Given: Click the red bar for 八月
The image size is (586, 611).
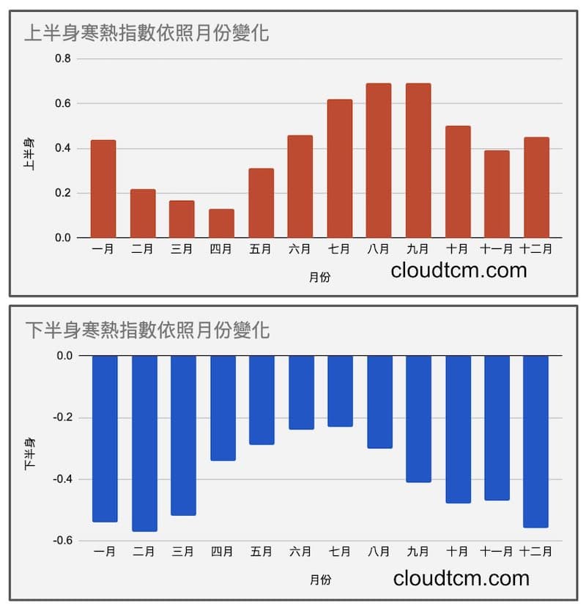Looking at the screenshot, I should (x=379, y=160).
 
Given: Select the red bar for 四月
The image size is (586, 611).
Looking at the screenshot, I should (x=221, y=223).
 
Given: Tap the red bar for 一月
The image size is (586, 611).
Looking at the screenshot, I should (x=103, y=189).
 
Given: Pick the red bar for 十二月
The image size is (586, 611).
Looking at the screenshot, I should (x=535, y=188).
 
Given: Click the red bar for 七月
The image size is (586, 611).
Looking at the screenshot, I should (x=339, y=169).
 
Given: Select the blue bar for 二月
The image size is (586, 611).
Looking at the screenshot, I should (x=144, y=443).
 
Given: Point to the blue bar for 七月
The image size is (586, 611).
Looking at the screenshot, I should (x=340, y=391).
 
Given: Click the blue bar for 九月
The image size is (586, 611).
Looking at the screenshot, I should (x=418, y=419).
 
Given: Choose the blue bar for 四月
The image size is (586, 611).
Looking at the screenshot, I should (x=223, y=408).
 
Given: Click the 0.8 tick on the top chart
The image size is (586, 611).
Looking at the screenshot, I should (x=63, y=59).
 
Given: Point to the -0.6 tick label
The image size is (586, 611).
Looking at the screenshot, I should (x=62, y=541).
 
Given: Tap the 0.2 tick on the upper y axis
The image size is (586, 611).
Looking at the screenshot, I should (x=63, y=193).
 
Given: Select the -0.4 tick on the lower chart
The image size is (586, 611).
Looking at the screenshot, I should (x=62, y=479).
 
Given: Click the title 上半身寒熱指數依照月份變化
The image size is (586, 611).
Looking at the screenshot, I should (x=146, y=33).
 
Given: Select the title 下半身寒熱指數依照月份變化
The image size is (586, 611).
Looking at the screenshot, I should (x=146, y=330).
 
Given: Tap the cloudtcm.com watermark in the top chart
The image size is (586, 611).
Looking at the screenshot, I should (x=459, y=270).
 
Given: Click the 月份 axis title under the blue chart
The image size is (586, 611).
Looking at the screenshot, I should (x=320, y=579).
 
